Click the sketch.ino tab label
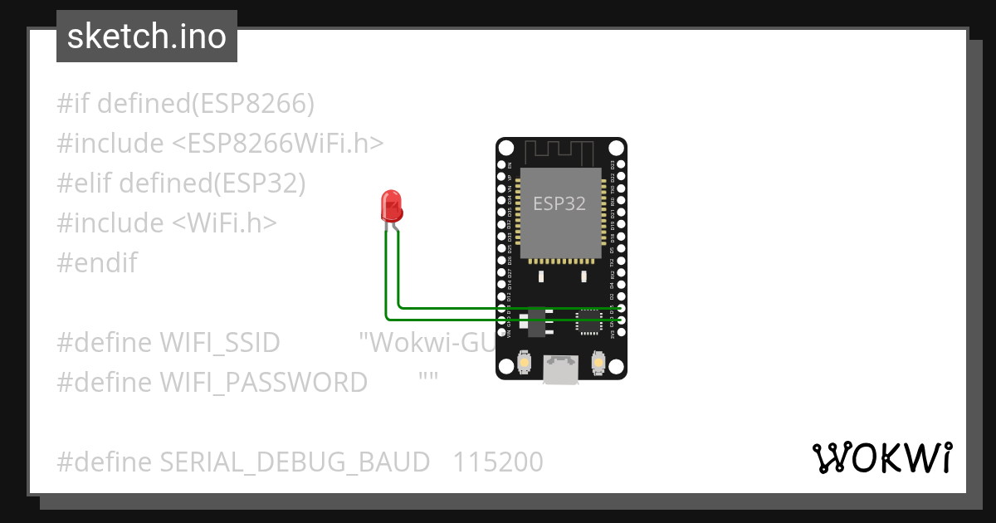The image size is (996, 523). point(146,37)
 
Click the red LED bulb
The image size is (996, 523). point(390,205)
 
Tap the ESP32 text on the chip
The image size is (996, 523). point(559,204)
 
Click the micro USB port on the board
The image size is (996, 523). point(561,369)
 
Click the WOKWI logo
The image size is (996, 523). point(881,457)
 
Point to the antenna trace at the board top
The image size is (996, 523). point(560,153)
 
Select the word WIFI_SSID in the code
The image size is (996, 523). point(219,343)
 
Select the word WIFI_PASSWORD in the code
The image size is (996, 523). point(263,382)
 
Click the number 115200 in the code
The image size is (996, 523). point(498,462)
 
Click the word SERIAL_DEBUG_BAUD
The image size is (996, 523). point(295,462)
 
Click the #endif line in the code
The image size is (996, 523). point(97,263)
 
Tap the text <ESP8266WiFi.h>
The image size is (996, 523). point(278,144)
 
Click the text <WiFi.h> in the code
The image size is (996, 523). point(224,223)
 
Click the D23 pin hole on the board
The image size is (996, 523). point(620,164)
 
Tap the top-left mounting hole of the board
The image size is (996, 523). point(506,148)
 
